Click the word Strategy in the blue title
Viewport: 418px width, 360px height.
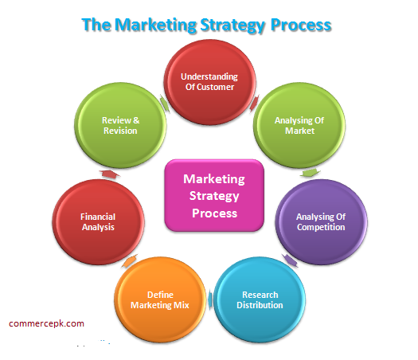coord(232,25)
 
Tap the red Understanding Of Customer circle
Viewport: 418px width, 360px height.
coord(210,82)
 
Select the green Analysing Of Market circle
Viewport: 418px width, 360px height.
coord(299,125)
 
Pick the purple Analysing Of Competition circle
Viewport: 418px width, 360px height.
coord(321,222)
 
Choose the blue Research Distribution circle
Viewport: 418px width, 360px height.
coord(260,299)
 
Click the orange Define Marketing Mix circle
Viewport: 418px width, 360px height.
coord(160,299)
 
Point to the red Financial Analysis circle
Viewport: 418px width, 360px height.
coord(98,222)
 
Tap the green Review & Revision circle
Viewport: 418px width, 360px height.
coord(120,125)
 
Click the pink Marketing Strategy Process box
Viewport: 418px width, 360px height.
coord(214,195)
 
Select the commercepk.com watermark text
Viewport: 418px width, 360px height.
coord(46,323)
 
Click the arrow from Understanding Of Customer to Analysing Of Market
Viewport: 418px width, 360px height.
coord(254,104)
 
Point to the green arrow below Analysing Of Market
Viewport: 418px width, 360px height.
coord(311,173)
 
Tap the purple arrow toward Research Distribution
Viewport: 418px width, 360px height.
coord(290,260)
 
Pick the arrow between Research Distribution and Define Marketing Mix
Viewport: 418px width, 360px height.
coord(210,299)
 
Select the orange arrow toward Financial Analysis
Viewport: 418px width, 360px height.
coord(130,260)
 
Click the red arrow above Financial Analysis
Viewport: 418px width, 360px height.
coord(109,174)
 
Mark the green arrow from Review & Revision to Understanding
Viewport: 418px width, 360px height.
coord(165,104)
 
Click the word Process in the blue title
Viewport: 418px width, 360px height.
coord(301,25)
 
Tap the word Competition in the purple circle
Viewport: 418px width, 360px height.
coord(321,227)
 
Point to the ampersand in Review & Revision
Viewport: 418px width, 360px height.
coord(136,120)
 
